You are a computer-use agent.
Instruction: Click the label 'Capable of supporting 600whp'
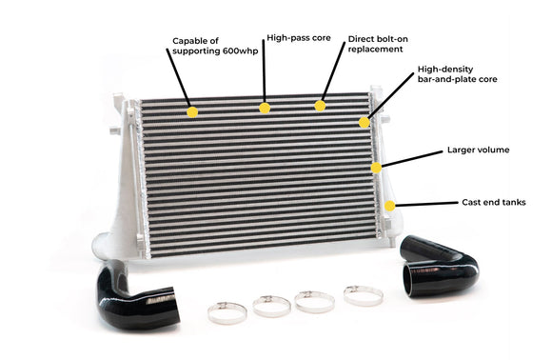tap(207, 46)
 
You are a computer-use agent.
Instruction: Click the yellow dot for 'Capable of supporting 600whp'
tap(192, 111)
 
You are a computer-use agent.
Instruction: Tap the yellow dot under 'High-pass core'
tap(265, 108)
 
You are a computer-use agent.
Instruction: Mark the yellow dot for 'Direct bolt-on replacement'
tap(320, 105)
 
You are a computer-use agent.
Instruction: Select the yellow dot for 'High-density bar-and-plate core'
tap(364, 122)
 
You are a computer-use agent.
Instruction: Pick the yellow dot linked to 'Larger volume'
tap(376, 167)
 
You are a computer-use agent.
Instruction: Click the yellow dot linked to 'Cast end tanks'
tap(390, 205)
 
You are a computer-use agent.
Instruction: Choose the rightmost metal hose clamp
tap(363, 294)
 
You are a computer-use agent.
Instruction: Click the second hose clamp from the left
tap(271, 305)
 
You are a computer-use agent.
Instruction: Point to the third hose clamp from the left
tap(314, 302)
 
